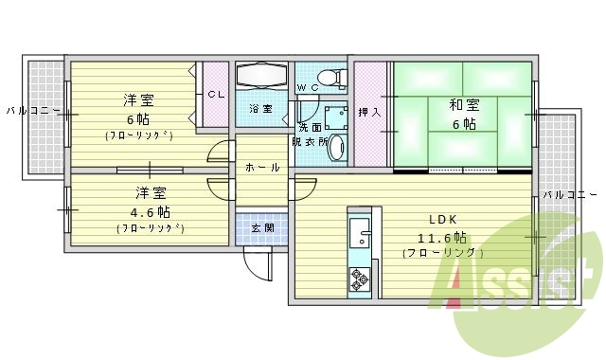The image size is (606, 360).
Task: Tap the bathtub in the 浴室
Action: (x=260, y=76)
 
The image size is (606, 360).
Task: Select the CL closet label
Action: (x=216, y=94)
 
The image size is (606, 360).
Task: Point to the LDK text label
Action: (x=443, y=216)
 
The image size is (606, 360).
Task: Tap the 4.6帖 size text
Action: (x=150, y=210)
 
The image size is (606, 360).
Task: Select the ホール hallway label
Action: (x=262, y=168)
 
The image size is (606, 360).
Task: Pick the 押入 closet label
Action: (x=370, y=112)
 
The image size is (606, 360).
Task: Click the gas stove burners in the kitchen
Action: (x=360, y=279)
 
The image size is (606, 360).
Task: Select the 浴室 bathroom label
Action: (x=260, y=109)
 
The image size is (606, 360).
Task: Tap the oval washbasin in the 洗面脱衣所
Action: (x=340, y=147)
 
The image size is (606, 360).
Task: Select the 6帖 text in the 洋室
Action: (x=138, y=118)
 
